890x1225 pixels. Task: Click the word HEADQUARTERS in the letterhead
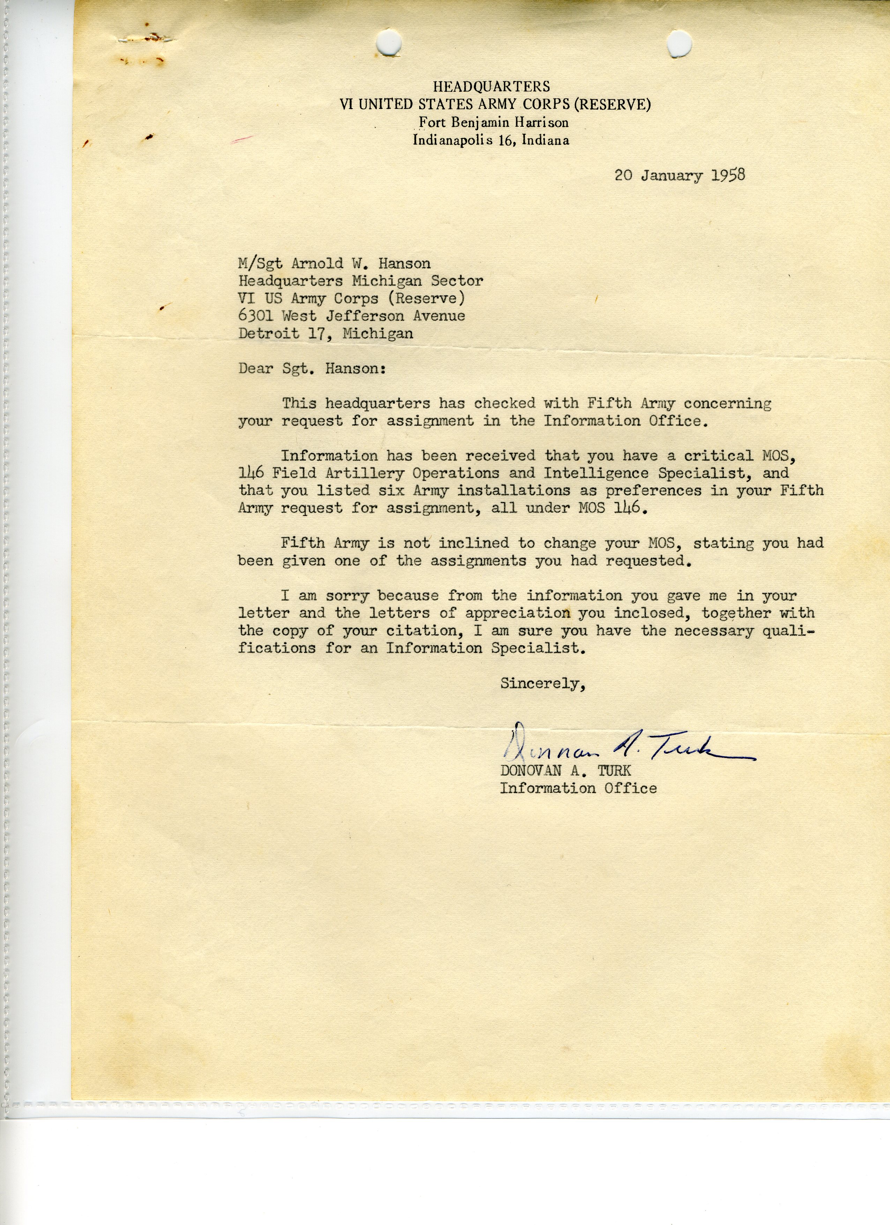tap(491, 87)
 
